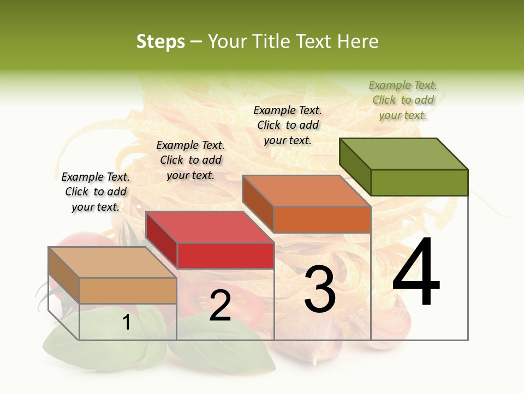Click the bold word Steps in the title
160,41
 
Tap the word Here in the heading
358,41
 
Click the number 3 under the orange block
320,289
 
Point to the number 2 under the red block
220,306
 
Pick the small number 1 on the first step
126,323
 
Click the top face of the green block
404,154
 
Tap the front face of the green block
419,182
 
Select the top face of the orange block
307,191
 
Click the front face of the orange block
322,219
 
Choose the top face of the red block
210,227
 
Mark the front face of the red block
225,255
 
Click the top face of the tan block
112,263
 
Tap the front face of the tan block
128,290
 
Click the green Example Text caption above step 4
403,100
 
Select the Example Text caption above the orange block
288,125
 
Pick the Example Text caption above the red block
190,160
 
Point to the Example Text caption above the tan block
96,192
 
